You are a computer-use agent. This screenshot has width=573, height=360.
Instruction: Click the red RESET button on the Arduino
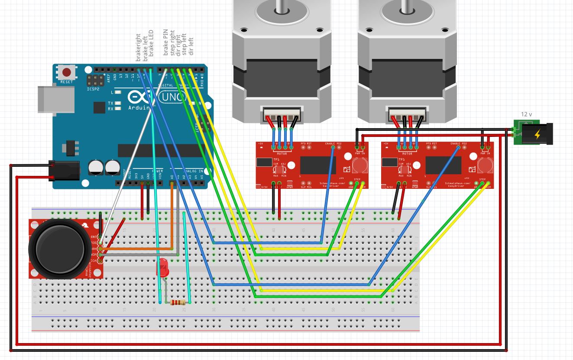67,72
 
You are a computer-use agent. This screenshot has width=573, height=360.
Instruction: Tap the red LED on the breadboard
163,267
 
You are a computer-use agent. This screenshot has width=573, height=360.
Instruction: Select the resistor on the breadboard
178,302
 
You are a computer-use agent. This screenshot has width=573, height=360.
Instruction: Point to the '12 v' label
526,114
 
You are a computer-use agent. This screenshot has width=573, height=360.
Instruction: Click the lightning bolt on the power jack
537,135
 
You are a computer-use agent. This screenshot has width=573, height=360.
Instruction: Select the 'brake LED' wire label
151,43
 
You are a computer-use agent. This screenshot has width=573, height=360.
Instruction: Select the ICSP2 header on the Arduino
95,80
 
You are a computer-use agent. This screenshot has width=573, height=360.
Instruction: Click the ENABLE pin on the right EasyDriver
458,147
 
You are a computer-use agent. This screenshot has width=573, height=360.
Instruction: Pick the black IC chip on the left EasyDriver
317,165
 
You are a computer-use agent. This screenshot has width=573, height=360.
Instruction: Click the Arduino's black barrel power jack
64,170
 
